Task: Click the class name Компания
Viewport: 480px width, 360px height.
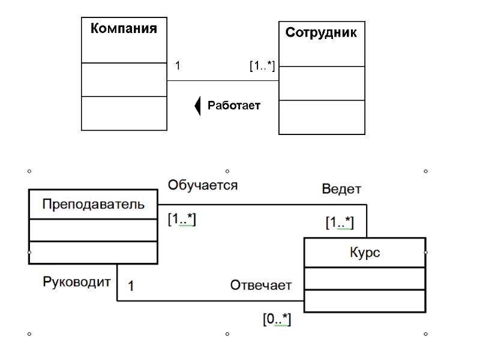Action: tap(124, 28)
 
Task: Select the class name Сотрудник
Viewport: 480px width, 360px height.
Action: tap(321, 32)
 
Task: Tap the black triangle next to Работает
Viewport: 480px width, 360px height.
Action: tap(197, 106)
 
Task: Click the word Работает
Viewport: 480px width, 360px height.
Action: tap(234, 106)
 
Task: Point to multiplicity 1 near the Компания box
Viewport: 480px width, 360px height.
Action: tap(178, 65)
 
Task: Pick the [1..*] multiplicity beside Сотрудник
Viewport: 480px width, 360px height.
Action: tap(262, 66)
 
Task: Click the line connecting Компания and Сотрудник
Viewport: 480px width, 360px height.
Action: tap(222, 81)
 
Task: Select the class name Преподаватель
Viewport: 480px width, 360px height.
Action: tap(93, 204)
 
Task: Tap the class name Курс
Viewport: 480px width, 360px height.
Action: tap(365, 253)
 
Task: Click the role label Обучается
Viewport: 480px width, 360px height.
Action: tap(202, 185)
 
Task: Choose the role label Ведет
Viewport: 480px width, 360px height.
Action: tap(341, 189)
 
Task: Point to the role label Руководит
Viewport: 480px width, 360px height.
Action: tap(77, 281)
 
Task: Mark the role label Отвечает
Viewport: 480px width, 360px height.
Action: tap(261, 285)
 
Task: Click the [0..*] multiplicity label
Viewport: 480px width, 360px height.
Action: tap(277, 320)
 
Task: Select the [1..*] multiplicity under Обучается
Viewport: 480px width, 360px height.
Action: tap(182, 220)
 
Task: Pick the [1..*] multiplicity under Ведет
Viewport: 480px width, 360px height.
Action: tap(340, 223)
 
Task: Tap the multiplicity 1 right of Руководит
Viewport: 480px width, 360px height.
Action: tap(131, 287)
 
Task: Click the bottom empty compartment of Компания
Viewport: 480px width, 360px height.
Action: tap(124, 113)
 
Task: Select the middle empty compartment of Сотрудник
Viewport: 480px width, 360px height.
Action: tap(322, 83)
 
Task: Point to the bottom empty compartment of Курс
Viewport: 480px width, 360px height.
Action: tap(365, 301)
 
